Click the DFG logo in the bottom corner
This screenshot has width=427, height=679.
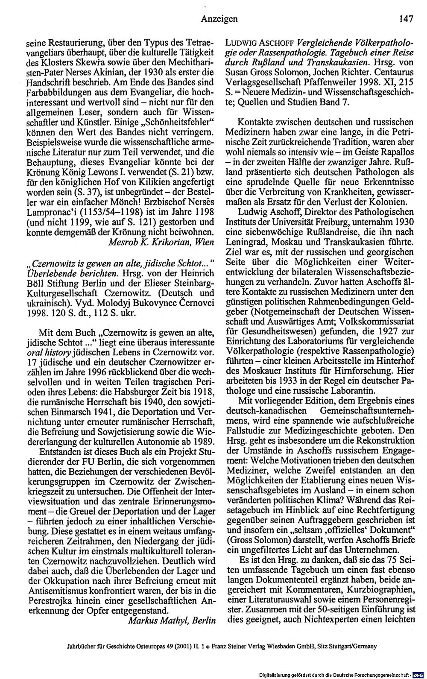(420, 674)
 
